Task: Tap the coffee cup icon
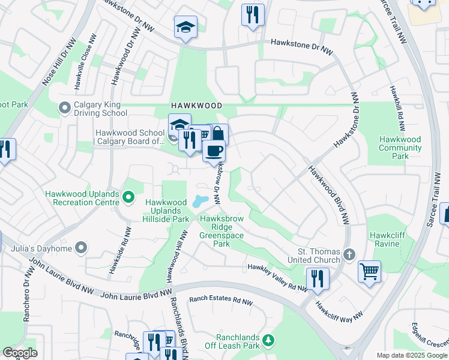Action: coord(214,151)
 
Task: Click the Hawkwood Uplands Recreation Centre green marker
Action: coord(128,197)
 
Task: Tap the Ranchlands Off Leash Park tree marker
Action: coord(270,340)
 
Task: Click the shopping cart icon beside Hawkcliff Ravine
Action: coord(369,271)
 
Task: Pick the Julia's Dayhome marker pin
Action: coord(81,248)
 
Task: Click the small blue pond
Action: coord(200,201)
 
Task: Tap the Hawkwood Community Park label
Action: coord(400,148)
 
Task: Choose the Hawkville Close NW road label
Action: coord(85,61)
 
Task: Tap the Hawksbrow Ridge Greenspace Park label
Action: coord(221,232)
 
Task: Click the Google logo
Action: coord(20,353)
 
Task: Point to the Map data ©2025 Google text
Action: coord(411,355)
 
